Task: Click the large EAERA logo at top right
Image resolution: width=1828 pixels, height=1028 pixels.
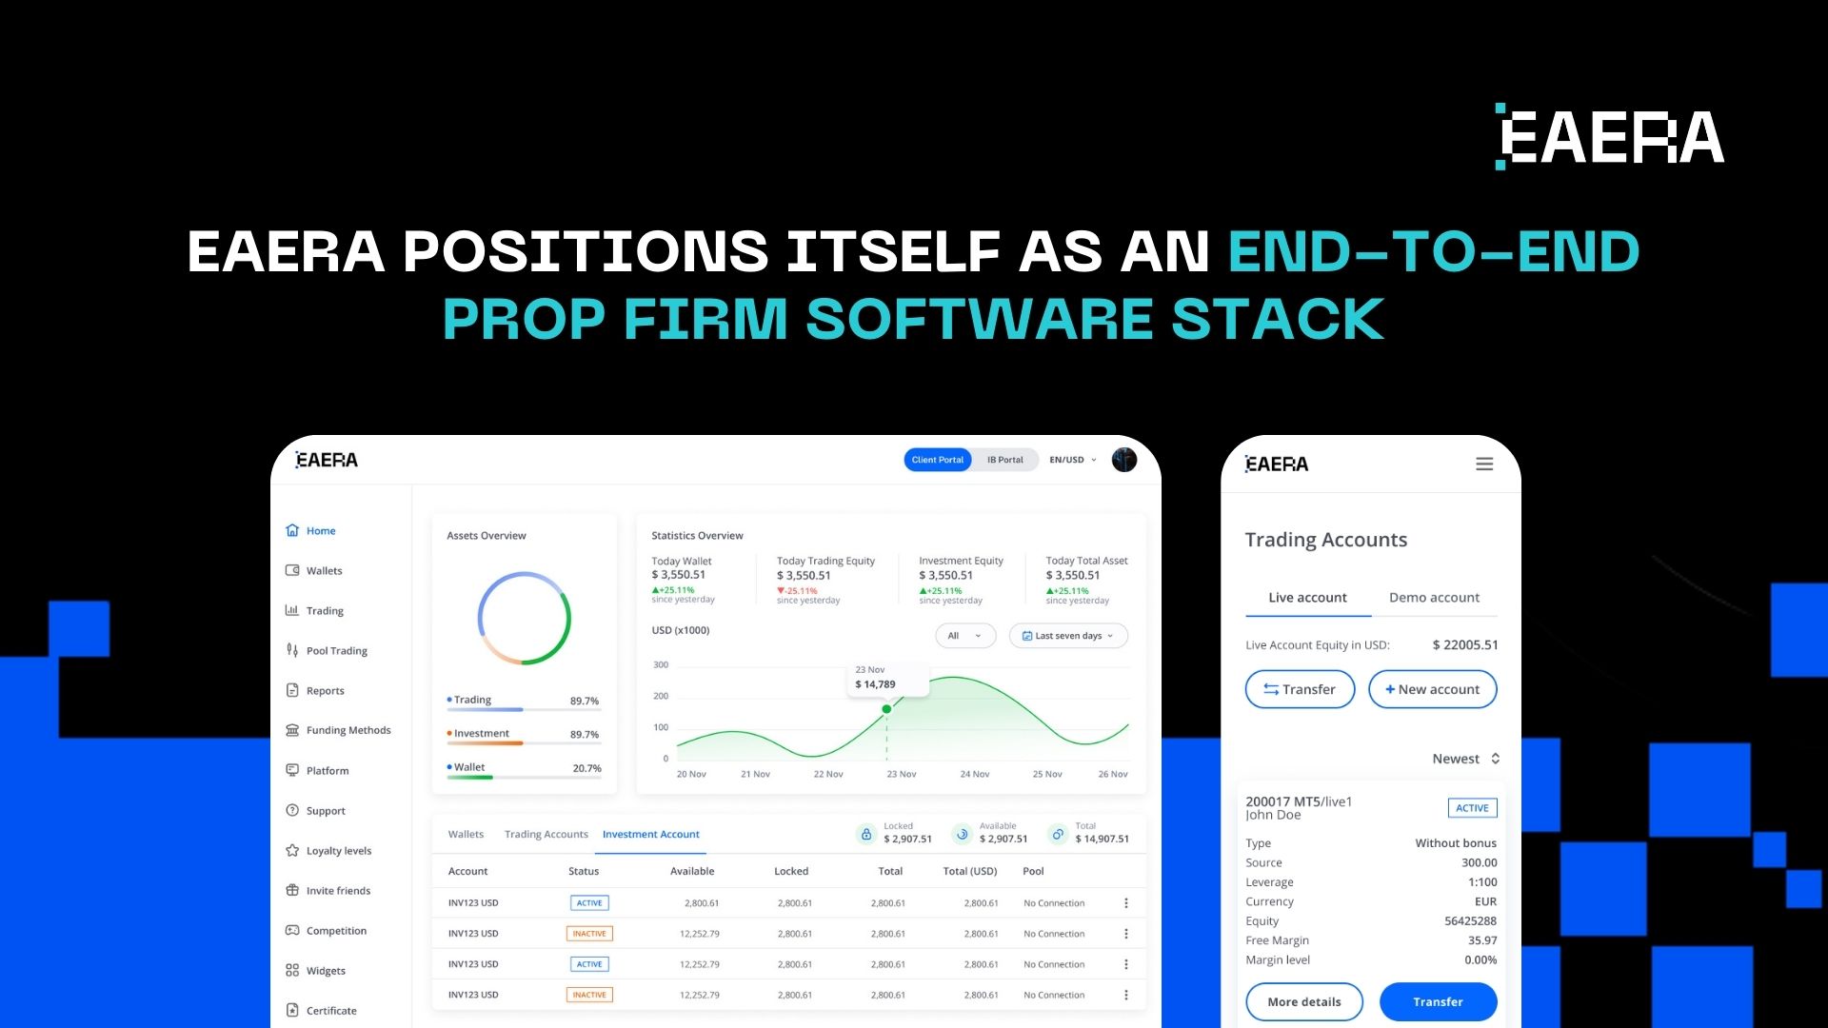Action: click(1610, 137)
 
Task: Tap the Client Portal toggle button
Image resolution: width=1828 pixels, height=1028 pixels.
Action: click(937, 460)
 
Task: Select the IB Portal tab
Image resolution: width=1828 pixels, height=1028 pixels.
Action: click(1004, 460)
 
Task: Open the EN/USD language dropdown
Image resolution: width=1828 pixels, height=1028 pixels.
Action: click(1072, 460)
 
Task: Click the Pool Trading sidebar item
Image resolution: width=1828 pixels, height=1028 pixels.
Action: click(336, 651)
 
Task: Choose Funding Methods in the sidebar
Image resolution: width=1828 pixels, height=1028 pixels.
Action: click(348, 730)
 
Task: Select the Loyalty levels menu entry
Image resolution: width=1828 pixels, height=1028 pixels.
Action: click(338, 851)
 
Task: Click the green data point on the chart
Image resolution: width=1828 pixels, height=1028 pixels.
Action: click(886, 709)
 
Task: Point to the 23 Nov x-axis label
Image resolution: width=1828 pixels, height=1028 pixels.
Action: click(901, 774)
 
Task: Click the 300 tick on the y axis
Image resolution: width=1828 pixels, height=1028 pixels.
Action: click(661, 664)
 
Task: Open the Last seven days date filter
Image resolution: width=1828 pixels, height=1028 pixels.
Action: click(1067, 636)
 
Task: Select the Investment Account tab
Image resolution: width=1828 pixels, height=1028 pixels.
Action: click(650, 835)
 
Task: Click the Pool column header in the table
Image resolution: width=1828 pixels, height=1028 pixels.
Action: click(1033, 871)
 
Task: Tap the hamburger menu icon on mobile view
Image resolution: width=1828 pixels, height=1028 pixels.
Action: click(1484, 465)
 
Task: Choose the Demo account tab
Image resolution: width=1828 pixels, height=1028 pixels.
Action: click(1434, 598)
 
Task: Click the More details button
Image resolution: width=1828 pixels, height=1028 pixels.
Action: click(1303, 1001)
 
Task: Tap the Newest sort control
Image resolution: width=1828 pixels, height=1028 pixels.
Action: click(1465, 759)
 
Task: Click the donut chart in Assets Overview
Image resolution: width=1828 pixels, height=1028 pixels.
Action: click(524, 619)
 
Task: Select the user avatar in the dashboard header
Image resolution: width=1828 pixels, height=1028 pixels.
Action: click(1124, 460)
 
